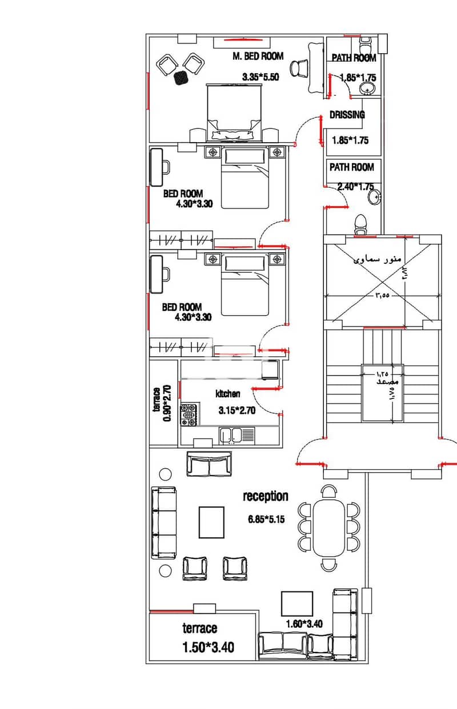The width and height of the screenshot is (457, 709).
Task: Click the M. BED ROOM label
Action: click(x=258, y=57)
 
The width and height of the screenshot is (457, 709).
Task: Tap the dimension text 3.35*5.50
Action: click(x=260, y=77)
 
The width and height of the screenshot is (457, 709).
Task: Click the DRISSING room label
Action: click(x=347, y=115)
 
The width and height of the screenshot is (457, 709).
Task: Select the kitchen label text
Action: click(x=228, y=394)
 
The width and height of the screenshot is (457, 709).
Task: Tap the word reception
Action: click(x=266, y=496)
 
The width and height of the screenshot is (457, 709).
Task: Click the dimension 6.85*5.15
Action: click(x=266, y=519)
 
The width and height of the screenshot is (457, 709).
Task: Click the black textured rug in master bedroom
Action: click(x=181, y=77)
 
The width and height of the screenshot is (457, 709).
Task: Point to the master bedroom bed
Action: click(x=234, y=112)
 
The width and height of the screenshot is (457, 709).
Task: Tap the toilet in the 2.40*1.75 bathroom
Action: click(x=360, y=224)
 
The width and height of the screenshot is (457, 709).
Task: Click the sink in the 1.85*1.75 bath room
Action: click(x=367, y=88)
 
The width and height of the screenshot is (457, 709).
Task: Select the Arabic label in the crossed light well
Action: click(x=377, y=259)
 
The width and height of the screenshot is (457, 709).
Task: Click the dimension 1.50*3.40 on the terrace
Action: click(x=209, y=647)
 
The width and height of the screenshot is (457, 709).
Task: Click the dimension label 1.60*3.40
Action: click(x=304, y=623)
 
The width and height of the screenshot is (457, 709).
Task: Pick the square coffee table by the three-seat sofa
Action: click(x=211, y=522)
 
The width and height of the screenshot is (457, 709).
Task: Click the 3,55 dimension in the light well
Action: click(x=382, y=296)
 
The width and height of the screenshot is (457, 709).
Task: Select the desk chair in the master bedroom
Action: click(x=299, y=69)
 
